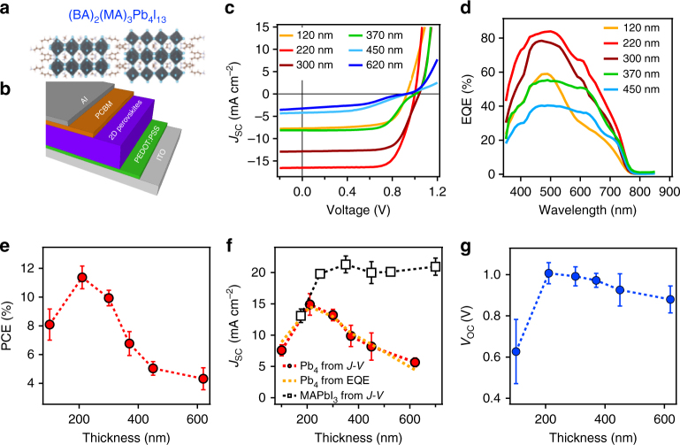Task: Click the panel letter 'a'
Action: (8, 10)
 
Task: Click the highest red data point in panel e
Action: (81, 278)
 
